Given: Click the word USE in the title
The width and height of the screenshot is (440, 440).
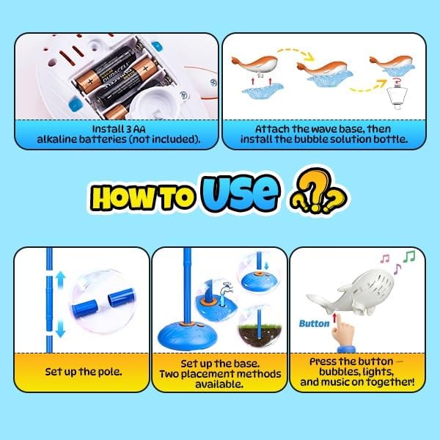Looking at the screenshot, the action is pos(241,193).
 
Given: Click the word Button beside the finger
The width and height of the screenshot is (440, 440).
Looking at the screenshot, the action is pos(314,323).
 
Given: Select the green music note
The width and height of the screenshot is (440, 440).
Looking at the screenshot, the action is pos(409,257).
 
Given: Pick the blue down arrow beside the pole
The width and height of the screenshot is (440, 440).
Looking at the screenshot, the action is pos(60,329).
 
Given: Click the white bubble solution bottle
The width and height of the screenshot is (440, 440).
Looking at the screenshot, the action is pos(396,97).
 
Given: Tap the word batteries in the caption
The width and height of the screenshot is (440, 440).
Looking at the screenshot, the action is pos(102,139).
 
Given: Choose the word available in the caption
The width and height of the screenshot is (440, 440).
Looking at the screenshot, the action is pos(219,384).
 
